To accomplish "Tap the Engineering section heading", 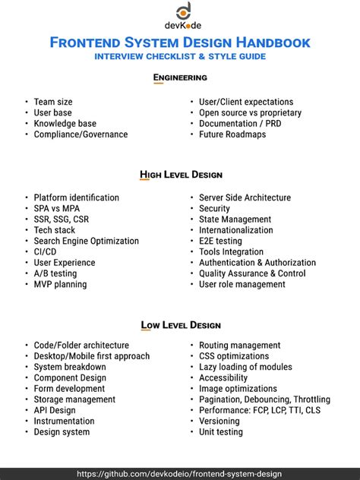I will click(x=180, y=77).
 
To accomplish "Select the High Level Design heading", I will click(x=180, y=174).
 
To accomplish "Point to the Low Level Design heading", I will click(x=180, y=325).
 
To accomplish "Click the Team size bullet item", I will click(x=53, y=102).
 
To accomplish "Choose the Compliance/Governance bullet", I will click(x=81, y=134).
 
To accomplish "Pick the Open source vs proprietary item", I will click(x=250, y=112).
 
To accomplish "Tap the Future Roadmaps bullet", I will click(x=232, y=134).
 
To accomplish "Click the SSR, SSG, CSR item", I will click(x=61, y=219).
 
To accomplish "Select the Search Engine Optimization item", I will click(x=86, y=241).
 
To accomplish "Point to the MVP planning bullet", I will click(x=60, y=284).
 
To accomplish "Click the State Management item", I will click(x=235, y=219).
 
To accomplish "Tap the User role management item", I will click(x=242, y=284).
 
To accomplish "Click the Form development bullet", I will click(x=69, y=389).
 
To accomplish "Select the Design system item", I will click(x=62, y=432).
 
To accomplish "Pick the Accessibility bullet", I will click(x=223, y=377).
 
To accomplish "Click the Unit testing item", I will click(x=220, y=432).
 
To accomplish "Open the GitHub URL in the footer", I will click(x=180, y=473).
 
